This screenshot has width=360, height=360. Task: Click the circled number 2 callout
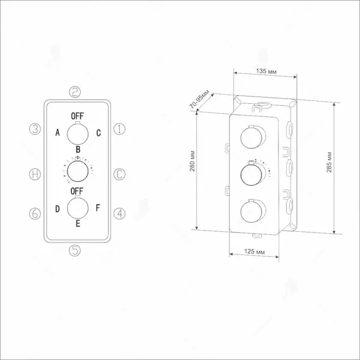[x=75, y=92]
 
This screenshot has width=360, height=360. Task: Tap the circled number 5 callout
[x=75, y=250]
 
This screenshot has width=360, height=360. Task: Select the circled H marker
[x=35, y=174]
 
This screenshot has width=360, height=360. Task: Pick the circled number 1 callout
[x=119, y=129]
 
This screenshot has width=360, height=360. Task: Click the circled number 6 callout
[x=35, y=213]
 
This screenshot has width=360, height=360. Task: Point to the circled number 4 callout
[x=119, y=213]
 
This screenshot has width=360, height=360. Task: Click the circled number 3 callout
[x=35, y=129]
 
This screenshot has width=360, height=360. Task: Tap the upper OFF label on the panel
[x=78, y=116]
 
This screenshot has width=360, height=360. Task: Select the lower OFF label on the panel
[x=77, y=191]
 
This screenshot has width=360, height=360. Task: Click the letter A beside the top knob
[x=57, y=132]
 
